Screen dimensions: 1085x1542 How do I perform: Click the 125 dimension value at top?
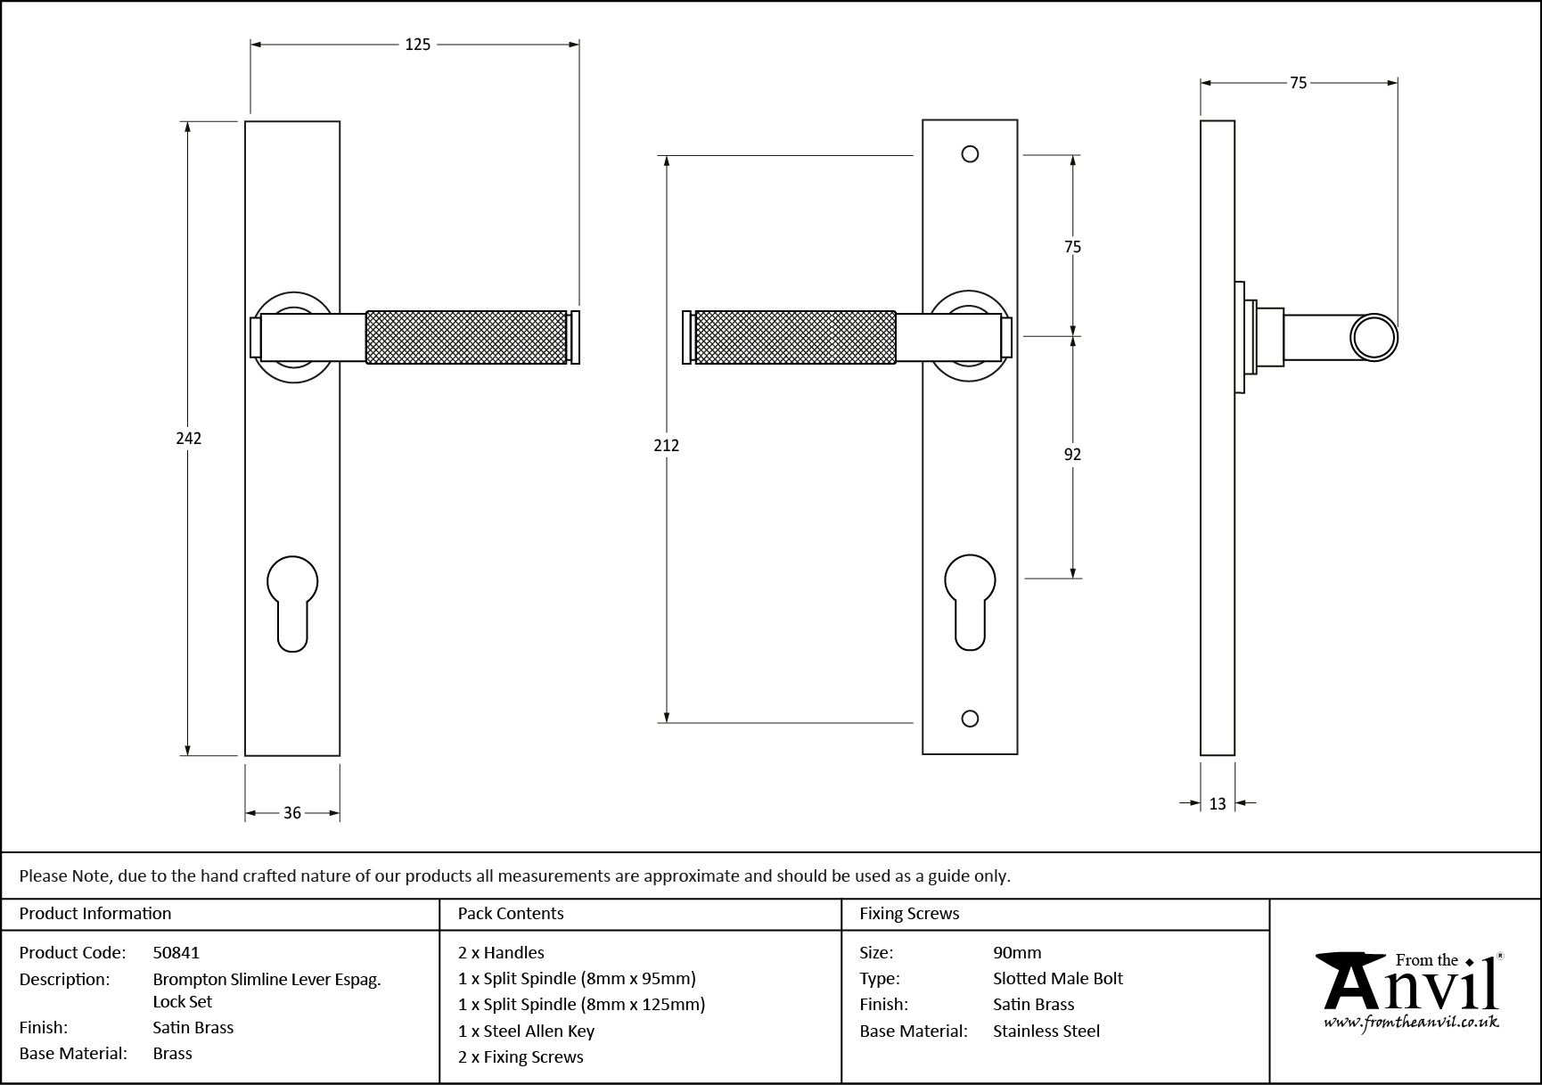pos(417,45)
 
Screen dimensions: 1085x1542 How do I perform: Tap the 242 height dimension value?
pos(188,438)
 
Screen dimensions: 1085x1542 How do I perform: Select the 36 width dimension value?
pos(292,813)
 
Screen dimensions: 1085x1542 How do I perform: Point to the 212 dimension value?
pos(666,445)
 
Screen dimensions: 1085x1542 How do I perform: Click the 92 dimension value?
pos(1072,455)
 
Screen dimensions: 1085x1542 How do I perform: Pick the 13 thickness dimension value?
pos(1218,804)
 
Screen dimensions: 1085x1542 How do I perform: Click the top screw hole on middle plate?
pos(970,154)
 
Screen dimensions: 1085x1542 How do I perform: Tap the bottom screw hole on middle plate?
pos(971,719)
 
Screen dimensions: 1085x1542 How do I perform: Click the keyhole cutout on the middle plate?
pos(970,600)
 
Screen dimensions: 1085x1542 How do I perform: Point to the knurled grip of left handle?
pos(466,337)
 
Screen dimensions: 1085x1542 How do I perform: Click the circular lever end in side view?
pos(1374,338)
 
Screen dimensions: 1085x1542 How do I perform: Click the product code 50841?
pos(176,952)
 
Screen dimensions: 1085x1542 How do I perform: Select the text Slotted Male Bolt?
pos(1057,978)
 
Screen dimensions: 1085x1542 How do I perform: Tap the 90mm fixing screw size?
pos(1017,952)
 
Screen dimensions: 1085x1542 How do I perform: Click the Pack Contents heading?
pos(511,914)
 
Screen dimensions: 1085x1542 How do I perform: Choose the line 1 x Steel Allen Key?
pos(526,1031)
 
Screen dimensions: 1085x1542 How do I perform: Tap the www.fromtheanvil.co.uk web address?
pos(1410,1023)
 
